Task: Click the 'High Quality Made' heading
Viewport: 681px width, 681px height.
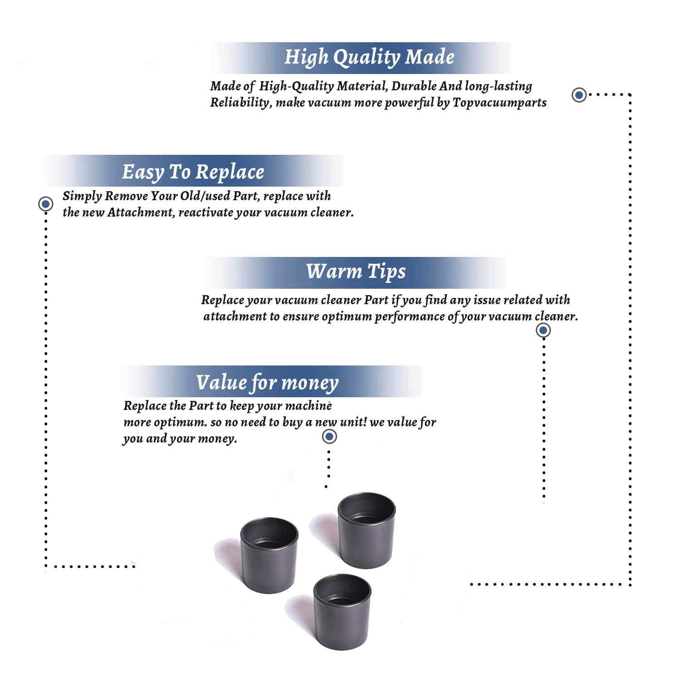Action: [369, 58]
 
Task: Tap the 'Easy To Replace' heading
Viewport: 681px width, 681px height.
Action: [193, 172]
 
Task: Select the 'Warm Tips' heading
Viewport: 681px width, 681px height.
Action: [355, 271]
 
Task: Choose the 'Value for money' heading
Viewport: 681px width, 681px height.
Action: [267, 383]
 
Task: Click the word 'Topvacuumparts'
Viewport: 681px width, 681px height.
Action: [499, 103]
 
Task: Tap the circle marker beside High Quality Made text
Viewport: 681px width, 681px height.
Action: [579, 95]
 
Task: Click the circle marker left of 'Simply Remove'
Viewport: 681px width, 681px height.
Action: [45, 204]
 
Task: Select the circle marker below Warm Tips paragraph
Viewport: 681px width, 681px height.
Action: [543, 330]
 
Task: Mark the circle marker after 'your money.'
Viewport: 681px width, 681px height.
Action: [329, 437]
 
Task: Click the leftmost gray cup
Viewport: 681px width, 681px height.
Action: [269, 555]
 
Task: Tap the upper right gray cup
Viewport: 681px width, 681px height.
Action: [366, 530]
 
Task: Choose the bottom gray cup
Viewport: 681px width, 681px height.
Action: [342, 612]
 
